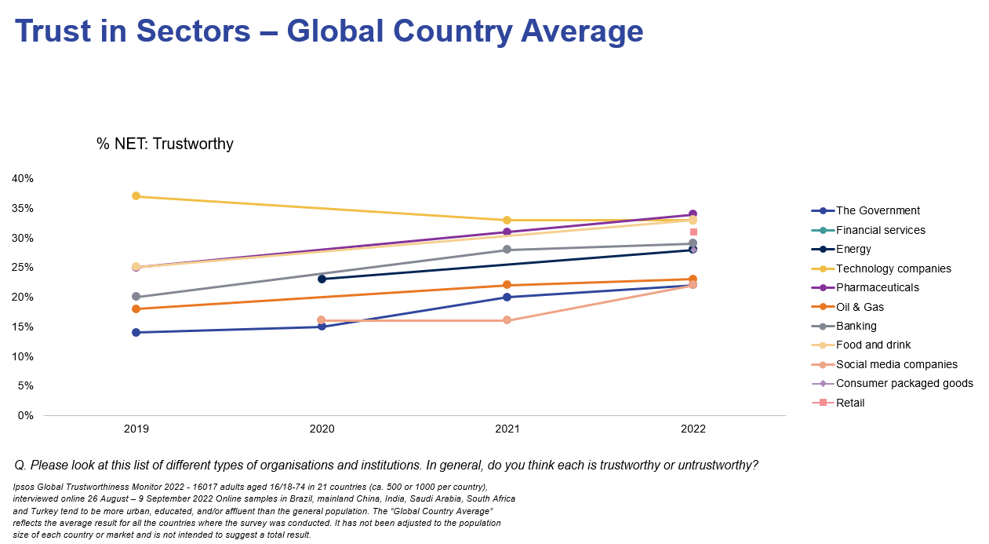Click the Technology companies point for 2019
pyautogui.click(x=136, y=196)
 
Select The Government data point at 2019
pyautogui.click(x=136, y=332)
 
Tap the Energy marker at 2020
pyautogui.click(x=322, y=279)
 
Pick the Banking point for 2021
pyautogui.click(x=507, y=250)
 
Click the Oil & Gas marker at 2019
pyautogui.click(x=136, y=309)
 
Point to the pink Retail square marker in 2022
pyautogui.click(x=693, y=232)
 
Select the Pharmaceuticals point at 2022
pyautogui.click(x=693, y=214)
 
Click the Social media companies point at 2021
pyautogui.click(x=507, y=320)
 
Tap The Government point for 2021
pyautogui.click(x=507, y=297)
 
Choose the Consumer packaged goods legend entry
pyautogui.click(x=904, y=384)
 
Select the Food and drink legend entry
pyautogui.click(x=873, y=345)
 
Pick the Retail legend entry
pyautogui.click(x=850, y=403)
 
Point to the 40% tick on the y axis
pyautogui.click(x=23, y=179)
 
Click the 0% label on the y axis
pyautogui.click(x=26, y=416)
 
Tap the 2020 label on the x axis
pyautogui.click(x=322, y=429)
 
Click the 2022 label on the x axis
pyautogui.click(x=693, y=429)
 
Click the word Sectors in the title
pyautogui.click(x=193, y=31)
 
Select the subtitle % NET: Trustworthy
pyautogui.click(x=165, y=144)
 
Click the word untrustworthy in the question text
pyautogui.click(x=716, y=466)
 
